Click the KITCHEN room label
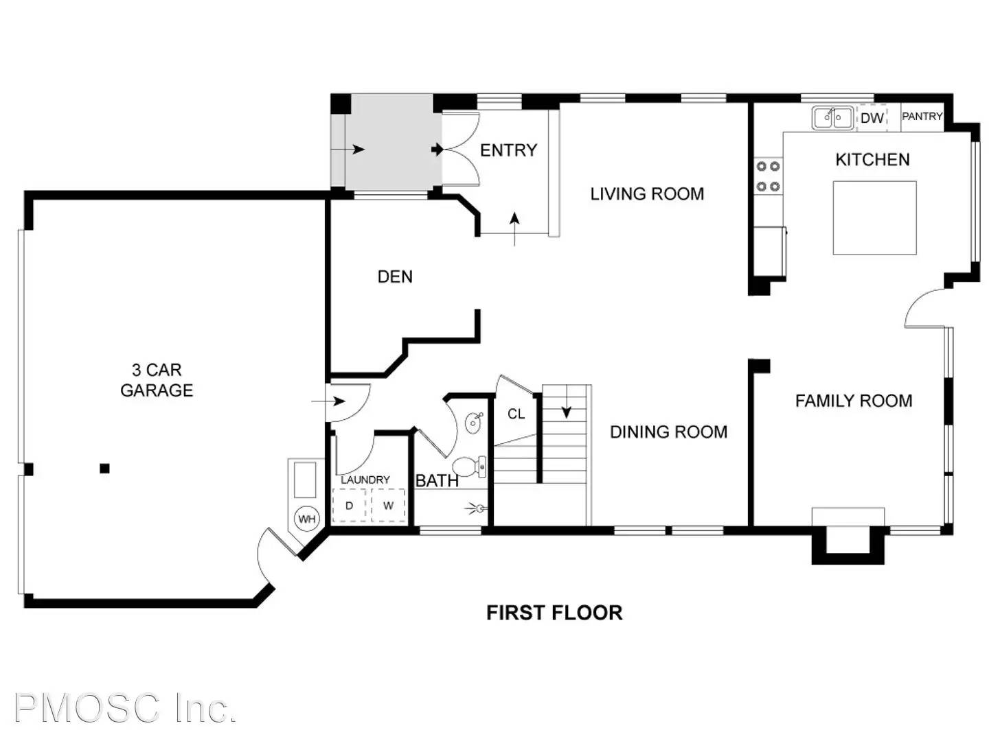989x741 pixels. (872, 160)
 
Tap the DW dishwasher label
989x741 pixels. (872, 118)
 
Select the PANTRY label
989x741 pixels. (922, 116)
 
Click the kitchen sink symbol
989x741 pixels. (832, 118)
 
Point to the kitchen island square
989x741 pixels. (874, 217)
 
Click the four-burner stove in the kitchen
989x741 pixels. (768, 176)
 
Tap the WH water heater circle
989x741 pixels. (306, 519)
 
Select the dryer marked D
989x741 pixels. (349, 505)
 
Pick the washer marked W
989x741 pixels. (388, 505)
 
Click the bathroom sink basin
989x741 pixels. (473, 423)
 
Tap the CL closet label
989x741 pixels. (516, 414)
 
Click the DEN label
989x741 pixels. (395, 277)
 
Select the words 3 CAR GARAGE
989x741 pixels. (157, 380)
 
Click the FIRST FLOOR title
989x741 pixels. (554, 613)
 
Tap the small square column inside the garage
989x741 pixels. (104, 469)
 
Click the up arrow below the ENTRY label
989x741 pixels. (514, 229)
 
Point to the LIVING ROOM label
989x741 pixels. (646, 194)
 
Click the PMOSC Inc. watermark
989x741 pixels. (125, 708)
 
